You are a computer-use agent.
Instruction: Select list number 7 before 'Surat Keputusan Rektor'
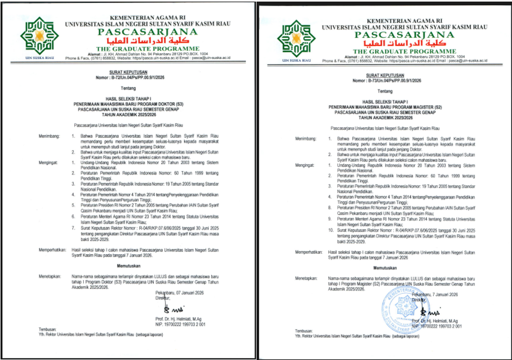coord(74,228)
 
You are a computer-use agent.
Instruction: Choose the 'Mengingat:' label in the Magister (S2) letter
coord(305,165)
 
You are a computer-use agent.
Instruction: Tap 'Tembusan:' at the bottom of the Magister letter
coord(304,332)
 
